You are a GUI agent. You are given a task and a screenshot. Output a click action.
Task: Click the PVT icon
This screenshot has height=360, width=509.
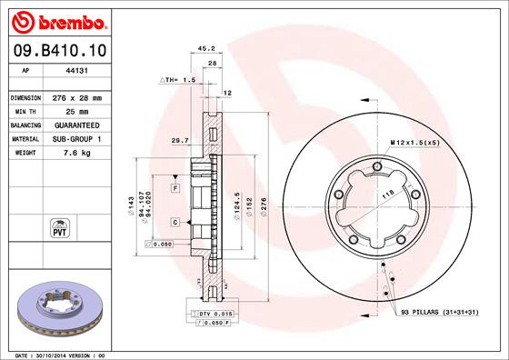point(59,226)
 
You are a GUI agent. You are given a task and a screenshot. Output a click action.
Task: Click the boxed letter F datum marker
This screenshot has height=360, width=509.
point(175,186)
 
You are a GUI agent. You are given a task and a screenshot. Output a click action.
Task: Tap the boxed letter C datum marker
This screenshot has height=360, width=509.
point(175,221)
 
